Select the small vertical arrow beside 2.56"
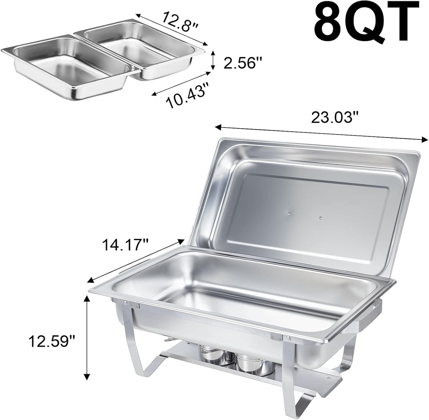tap(214, 60)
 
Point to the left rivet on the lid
tap(289, 215)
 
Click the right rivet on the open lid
tap(320, 218)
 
